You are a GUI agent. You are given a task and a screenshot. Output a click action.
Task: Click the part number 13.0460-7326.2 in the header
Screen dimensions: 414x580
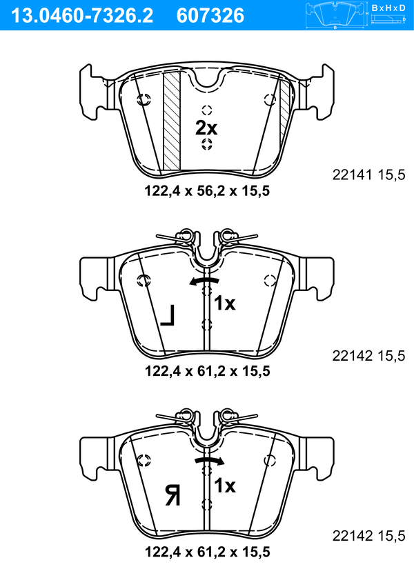pyautogui.click(x=82, y=16)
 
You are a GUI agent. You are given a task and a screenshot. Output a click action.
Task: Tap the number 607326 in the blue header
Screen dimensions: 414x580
pyautogui.click(x=210, y=16)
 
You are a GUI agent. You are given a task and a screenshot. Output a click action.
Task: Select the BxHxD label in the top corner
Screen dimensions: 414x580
pyautogui.click(x=388, y=8)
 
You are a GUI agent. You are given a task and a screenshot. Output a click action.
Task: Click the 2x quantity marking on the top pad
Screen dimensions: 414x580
pyautogui.click(x=206, y=128)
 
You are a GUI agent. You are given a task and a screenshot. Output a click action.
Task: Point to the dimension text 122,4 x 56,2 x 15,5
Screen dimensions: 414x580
pyautogui.click(x=207, y=191)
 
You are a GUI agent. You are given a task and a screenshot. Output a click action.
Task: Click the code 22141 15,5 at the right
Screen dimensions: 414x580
pyautogui.click(x=368, y=174)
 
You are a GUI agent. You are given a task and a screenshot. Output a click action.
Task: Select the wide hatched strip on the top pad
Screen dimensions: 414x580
pyautogui.click(x=172, y=121)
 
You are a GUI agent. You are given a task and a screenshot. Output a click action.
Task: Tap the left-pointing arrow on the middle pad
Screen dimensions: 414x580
pyautogui.click(x=204, y=282)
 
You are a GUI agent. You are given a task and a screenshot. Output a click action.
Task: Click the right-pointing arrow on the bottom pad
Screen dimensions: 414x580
pyautogui.click(x=209, y=461)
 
